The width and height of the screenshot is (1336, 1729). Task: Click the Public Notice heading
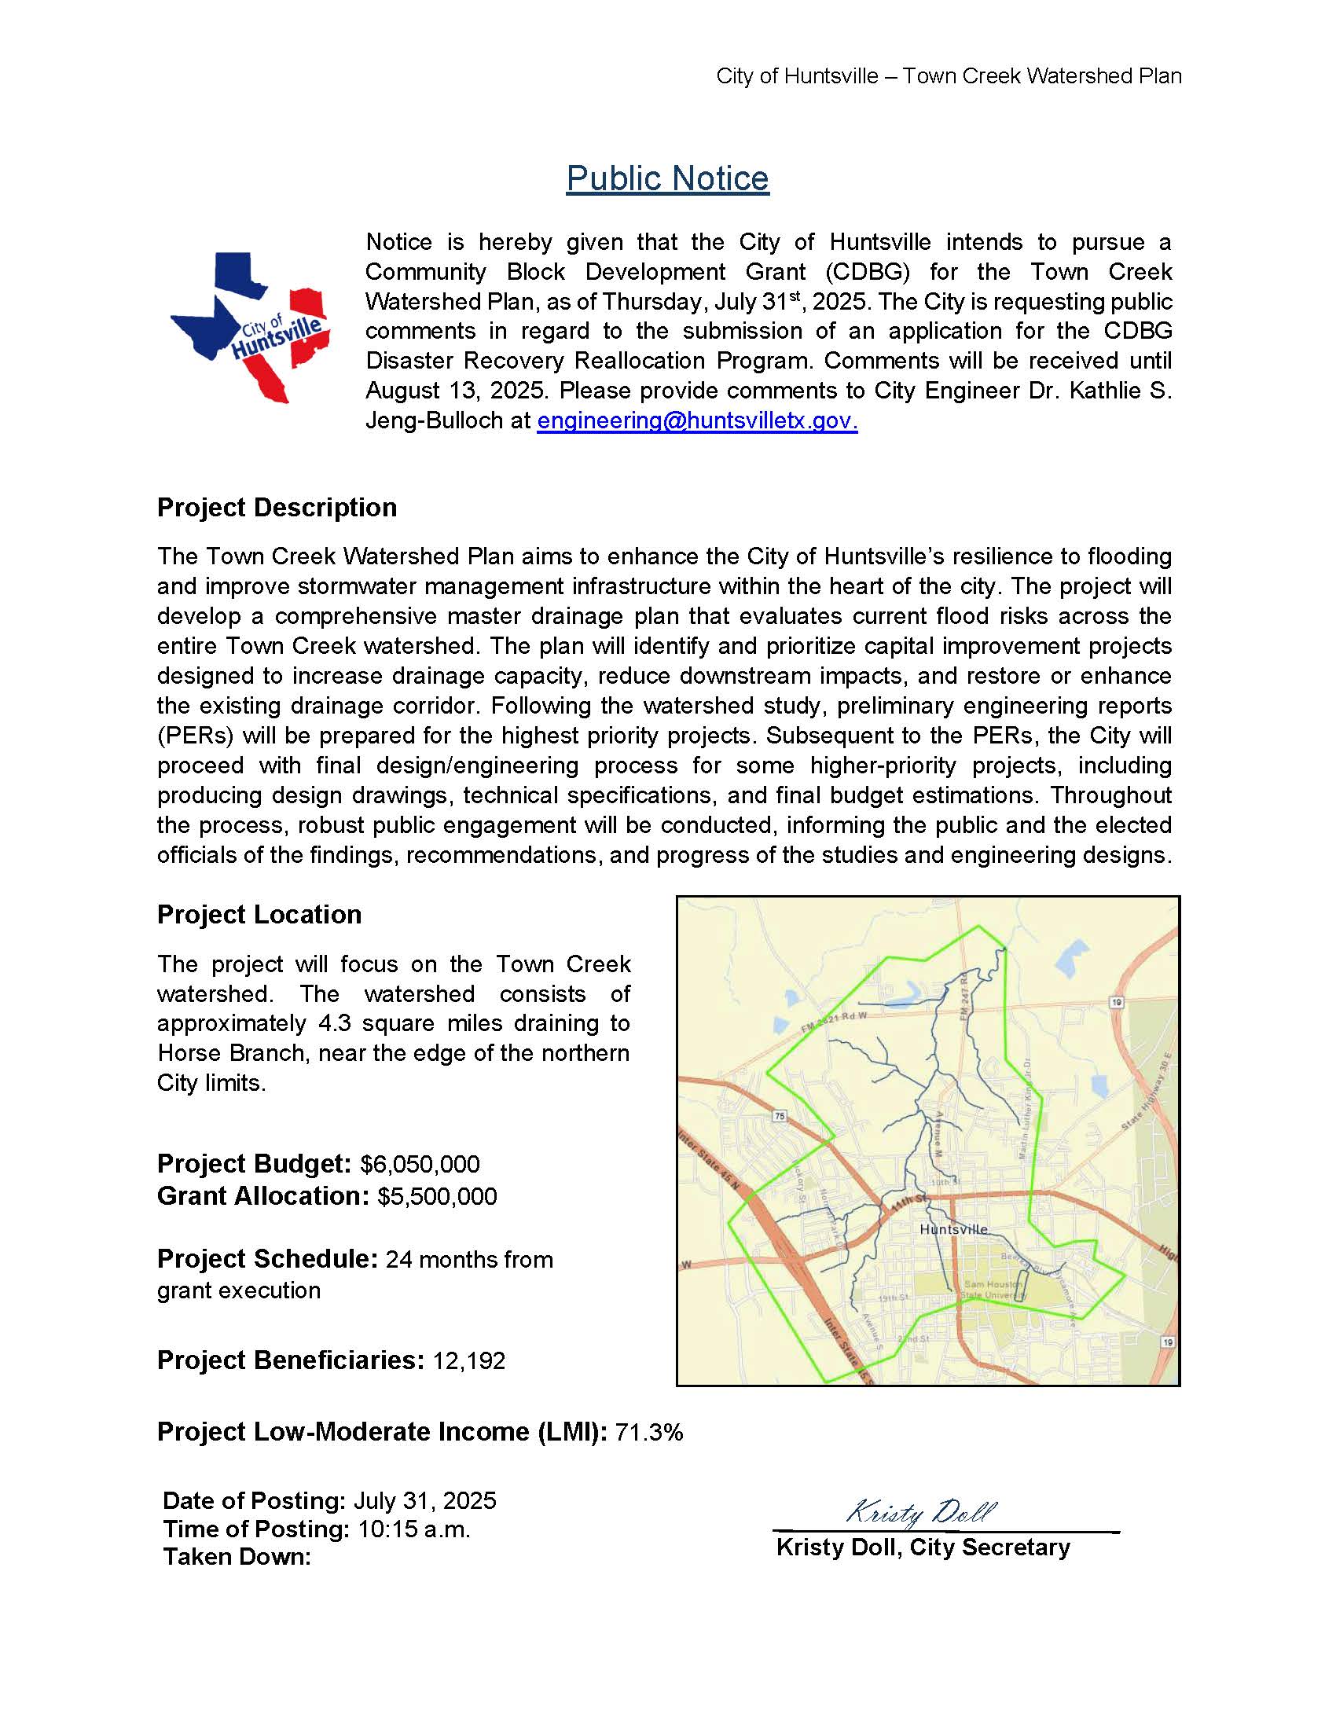coord(667,179)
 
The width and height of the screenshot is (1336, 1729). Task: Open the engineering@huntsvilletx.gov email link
coord(696,420)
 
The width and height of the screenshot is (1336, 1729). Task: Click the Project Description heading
coord(277,508)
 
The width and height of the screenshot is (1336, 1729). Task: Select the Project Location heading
coord(259,914)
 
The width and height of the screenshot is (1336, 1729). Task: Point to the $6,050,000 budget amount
coord(420,1165)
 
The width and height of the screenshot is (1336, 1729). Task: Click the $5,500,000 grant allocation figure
coord(437,1196)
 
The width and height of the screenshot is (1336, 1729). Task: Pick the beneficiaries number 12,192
coord(468,1361)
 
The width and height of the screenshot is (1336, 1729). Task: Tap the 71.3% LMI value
coord(648,1432)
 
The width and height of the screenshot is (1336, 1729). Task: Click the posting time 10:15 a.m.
coord(414,1529)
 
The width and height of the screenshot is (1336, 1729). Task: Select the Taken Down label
coord(237,1557)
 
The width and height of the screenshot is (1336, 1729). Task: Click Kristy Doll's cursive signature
coord(920,1512)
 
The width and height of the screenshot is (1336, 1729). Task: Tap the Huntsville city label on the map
coord(954,1229)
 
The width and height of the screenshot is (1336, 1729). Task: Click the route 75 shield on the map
coord(780,1116)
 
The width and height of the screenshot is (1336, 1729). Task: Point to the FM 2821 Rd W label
coord(834,1021)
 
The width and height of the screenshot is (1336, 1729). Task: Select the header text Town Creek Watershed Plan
coord(1041,77)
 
